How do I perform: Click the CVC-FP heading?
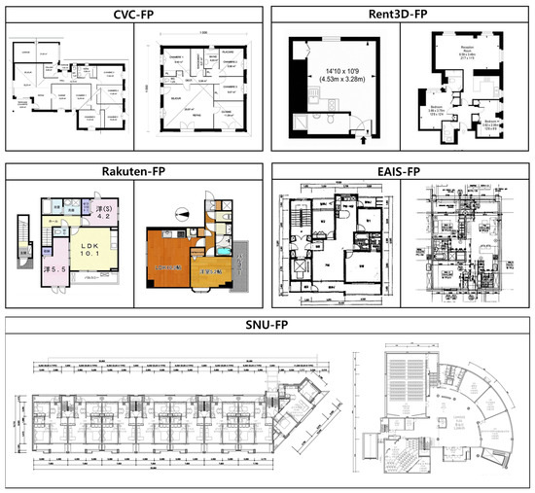[134, 16]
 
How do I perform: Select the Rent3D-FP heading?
[401, 16]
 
